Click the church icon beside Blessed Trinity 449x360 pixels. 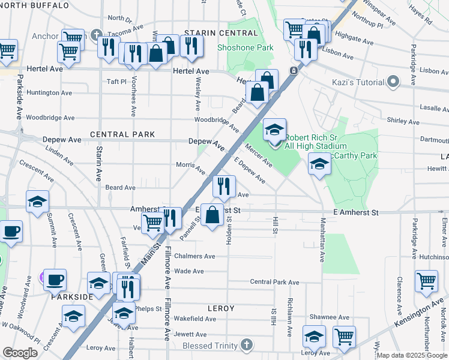click(x=244, y=344)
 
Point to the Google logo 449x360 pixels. click(x=20, y=353)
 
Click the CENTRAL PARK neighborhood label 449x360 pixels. click(x=122, y=134)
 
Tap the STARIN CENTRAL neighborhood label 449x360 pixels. click(x=212, y=32)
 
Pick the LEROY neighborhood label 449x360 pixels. click(x=220, y=308)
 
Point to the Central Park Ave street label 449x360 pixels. click(x=274, y=282)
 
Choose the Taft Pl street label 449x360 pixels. click(x=116, y=81)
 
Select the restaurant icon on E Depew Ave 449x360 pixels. click(x=223, y=187)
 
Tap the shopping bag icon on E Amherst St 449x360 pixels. click(x=212, y=215)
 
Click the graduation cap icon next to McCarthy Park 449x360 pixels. click(x=319, y=164)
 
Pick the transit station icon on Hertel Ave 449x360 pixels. click(x=294, y=70)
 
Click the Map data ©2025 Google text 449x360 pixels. click(x=412, y=355)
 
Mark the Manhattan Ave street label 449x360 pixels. click(x=322, y=244)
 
